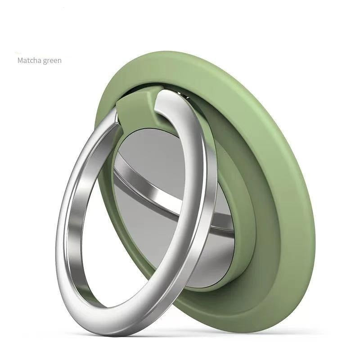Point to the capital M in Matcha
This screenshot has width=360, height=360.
(20, 60)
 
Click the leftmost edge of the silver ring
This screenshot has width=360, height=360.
(57, 234)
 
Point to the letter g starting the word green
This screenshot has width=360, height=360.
(45, 61)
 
